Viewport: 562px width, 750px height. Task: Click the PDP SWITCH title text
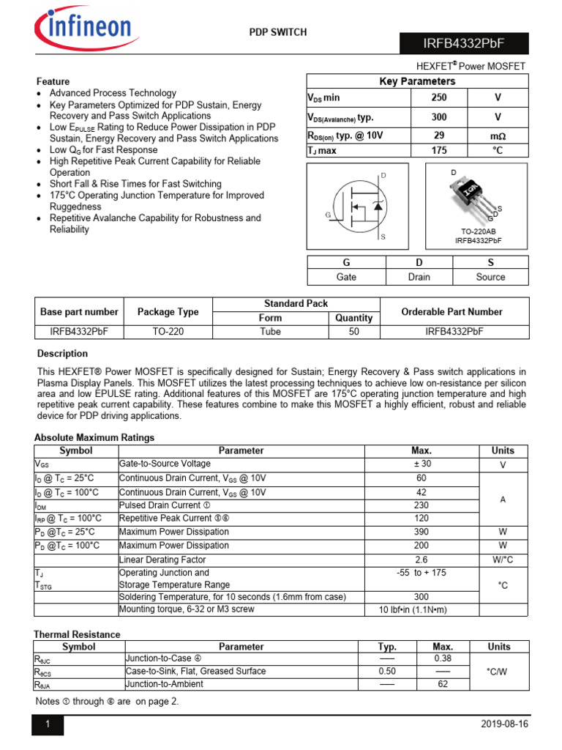tap(278, 32)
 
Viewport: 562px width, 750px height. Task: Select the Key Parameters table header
tap(416, 81)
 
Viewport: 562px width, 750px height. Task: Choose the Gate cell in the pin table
tap(346, 277)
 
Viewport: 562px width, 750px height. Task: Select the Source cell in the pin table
tap(490, 277)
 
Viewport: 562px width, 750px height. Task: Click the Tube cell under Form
tap(270, 331)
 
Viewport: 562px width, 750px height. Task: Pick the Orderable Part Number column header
tap(453, 311)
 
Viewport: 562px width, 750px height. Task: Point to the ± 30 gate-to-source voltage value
tap(421, 464)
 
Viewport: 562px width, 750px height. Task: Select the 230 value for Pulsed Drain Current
tap(421, 505)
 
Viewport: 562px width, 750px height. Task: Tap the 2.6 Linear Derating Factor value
tap(421, 560)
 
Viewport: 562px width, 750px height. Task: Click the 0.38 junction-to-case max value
tap(443, 658)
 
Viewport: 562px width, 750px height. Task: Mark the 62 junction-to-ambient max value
tap(443, 684)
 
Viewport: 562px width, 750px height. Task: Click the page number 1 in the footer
tap(48, 724)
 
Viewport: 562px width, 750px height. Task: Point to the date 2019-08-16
tap(503, 724)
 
